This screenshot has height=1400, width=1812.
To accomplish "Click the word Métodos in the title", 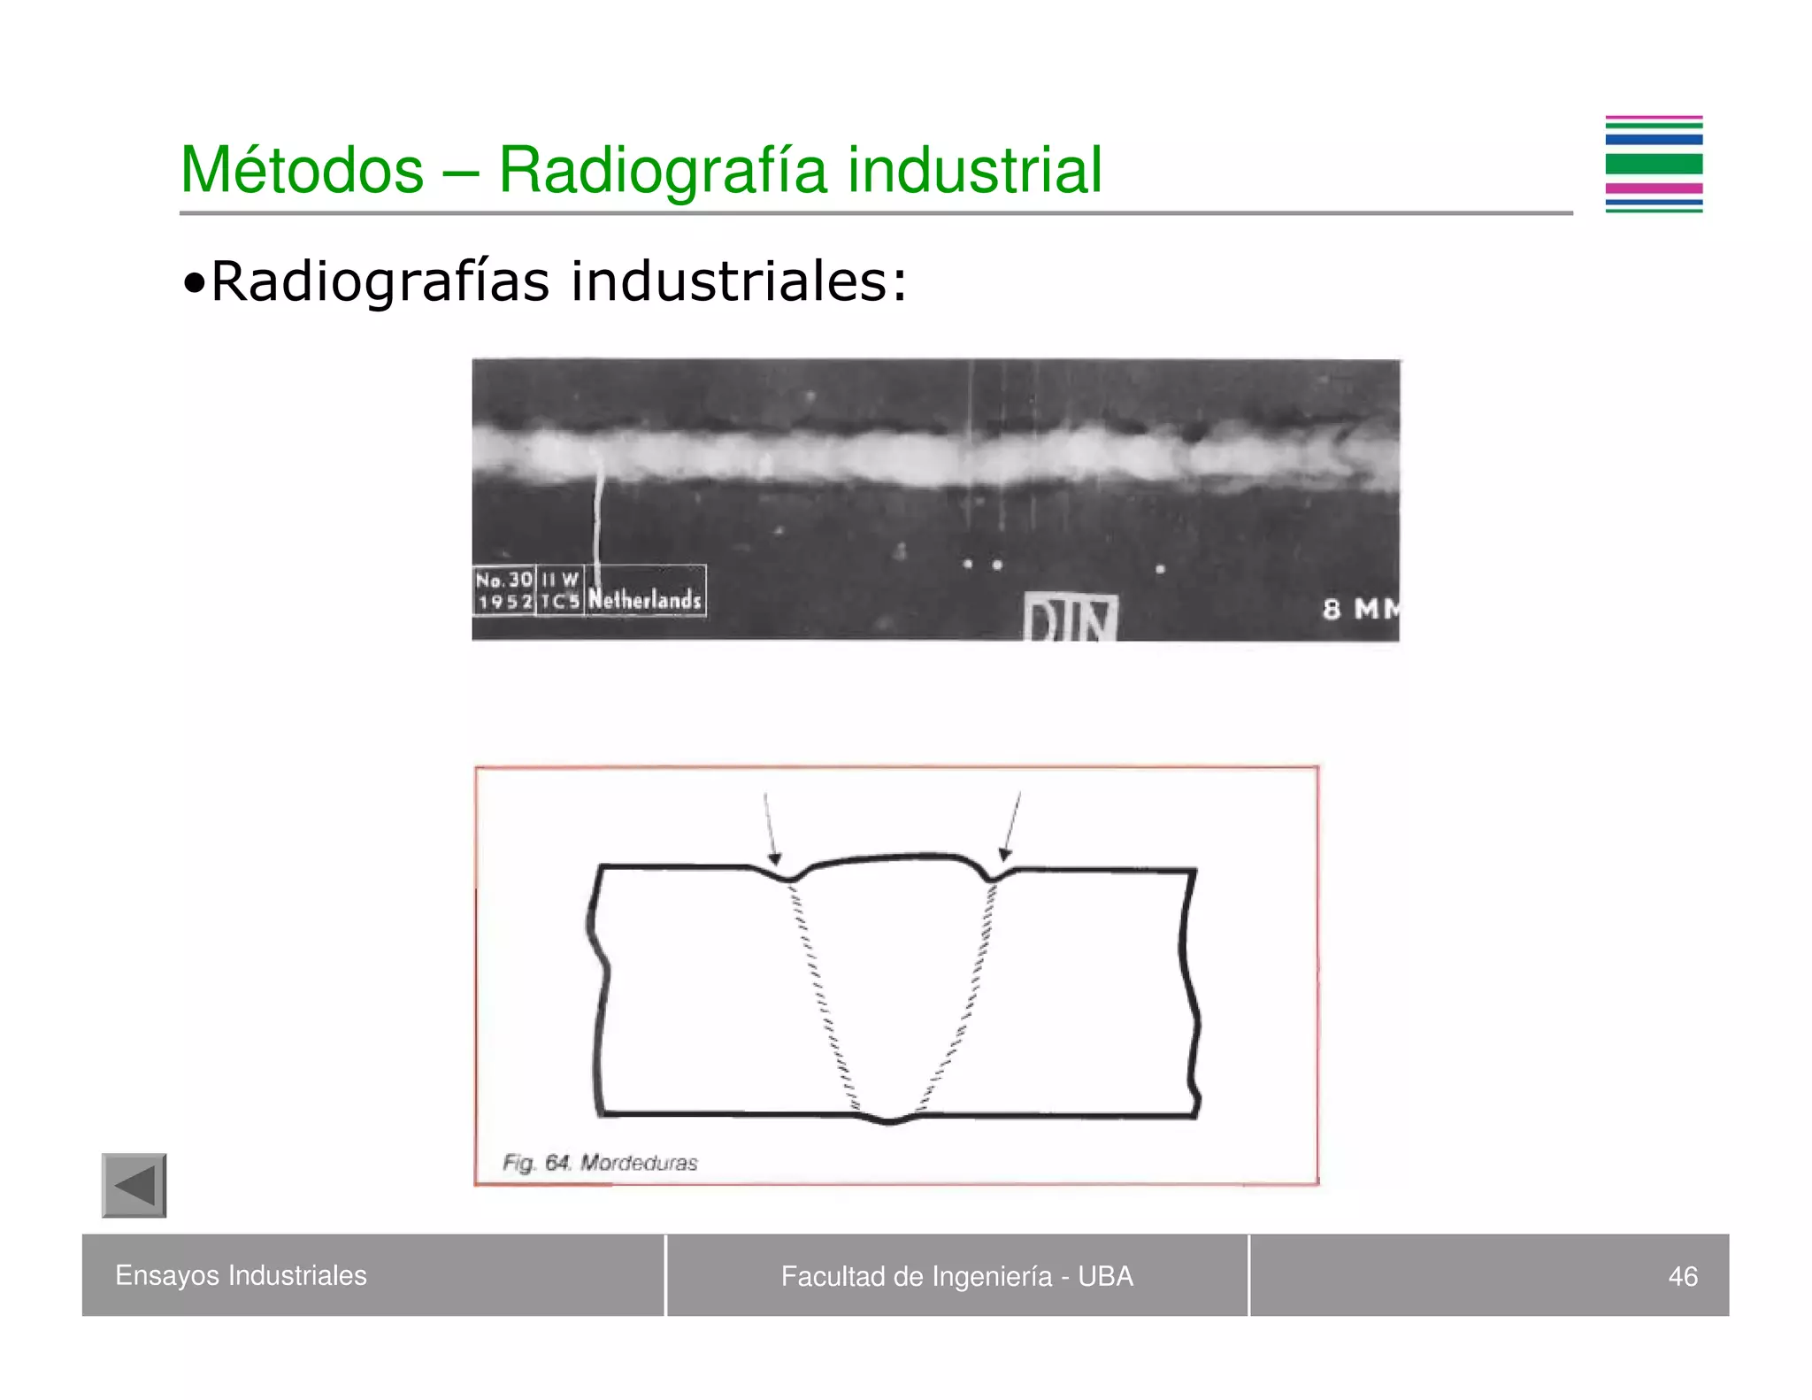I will [302, 170].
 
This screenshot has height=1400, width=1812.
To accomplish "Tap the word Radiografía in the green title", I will [663, 170].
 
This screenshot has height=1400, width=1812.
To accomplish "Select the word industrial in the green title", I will [975, 170].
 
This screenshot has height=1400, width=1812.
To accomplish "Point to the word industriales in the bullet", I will [739, 282].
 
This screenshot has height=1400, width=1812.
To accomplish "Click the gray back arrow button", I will [134, 1185].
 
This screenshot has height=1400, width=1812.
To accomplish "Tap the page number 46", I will [1682, 1276].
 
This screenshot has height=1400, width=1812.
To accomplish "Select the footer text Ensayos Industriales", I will [241, 1275].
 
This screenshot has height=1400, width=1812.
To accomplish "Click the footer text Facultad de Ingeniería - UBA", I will [956, 1276].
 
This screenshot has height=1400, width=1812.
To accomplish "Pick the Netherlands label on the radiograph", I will [645, 599].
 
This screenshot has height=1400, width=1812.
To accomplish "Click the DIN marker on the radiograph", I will [1071, 618].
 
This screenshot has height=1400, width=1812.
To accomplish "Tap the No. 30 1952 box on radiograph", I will [504, 590].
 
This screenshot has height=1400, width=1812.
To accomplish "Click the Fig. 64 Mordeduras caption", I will [600, 1163].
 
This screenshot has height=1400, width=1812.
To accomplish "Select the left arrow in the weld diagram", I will [770, 828].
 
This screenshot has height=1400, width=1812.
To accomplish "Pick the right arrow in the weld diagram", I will [1012, 827].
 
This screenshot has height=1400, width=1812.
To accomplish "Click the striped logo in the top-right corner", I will [1654, 165].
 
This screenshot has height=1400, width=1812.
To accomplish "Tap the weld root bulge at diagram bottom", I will [890, 1119].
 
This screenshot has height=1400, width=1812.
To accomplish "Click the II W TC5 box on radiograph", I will [560, 590].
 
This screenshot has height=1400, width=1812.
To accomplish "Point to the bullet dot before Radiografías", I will [194, 285].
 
